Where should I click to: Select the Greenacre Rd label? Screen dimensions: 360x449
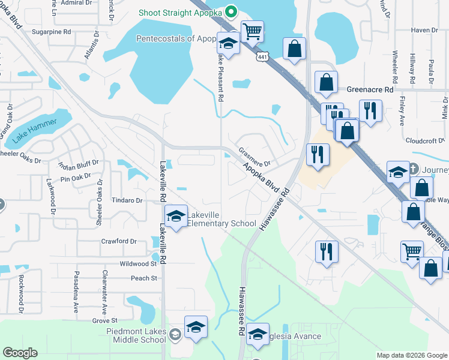pyautogui.click(x=370, y=89)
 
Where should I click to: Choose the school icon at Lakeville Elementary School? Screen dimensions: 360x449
pyautogui.click(x=176, y=217)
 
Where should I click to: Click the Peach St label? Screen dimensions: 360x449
pyautogui.click(x=143, y=278)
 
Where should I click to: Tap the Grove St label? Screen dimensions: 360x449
pyautogui.click(x=104, y=322)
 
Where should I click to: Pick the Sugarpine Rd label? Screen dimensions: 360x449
pyautogui.click(x=52, y=31)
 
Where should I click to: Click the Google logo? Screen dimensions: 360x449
pyautogui.click(x=20, y=353)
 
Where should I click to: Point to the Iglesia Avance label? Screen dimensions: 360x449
pyautogui.click(x=295, y=336)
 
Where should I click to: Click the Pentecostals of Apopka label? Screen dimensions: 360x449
pyautogui.click(x=175, y=38)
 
